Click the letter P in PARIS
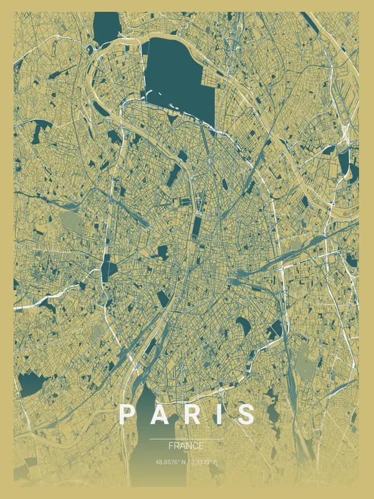tap(127, 415)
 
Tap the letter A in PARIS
tap(160, 415)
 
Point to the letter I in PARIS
tap(218, 415)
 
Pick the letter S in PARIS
tap(246, 415)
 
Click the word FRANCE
tap(186, 446)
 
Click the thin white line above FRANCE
tap(186, 439)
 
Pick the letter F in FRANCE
tap(171, 446)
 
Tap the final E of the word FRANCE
tap(201, 446)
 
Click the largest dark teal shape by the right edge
tap(345, 163)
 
